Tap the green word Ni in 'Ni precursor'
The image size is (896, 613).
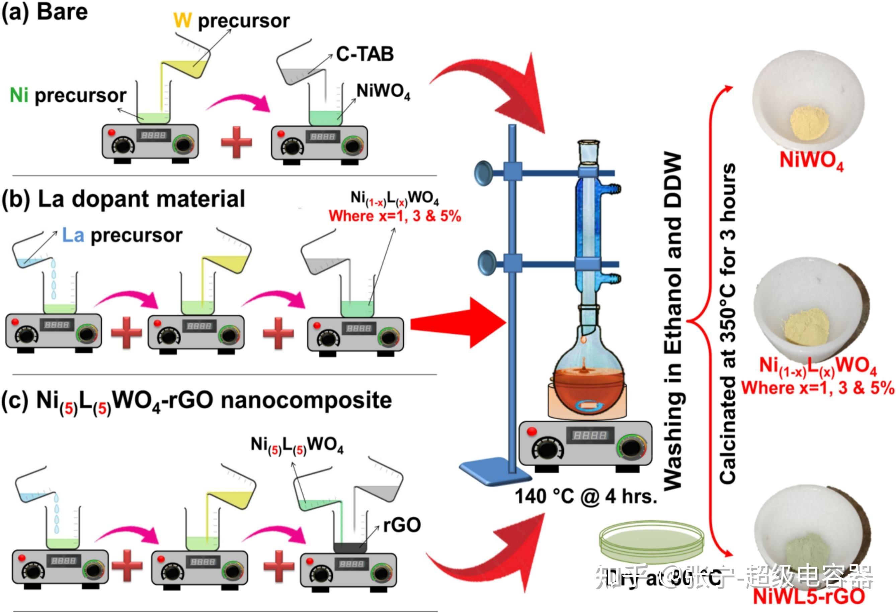(x=19, y=95)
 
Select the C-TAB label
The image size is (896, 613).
(x=365, y=54)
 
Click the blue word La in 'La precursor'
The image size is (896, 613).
(x=73, y=235)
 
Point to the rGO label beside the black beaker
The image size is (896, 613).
(x=402, y=525)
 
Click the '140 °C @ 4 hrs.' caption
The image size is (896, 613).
(x=586, y=497)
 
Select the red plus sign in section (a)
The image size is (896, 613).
(x=236, y=142)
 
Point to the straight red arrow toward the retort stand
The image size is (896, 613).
(x=459, y=323)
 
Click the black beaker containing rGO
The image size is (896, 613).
(x=350, y=547)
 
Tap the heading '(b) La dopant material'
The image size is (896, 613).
(x=124, y=199)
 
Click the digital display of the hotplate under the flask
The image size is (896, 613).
(x=589, y=435)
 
